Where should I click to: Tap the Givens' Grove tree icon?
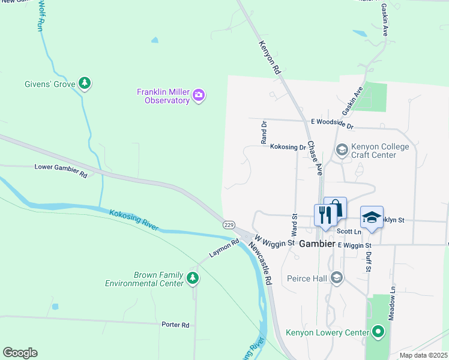tap(85, 83)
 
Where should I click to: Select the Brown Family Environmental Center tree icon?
tap(192, 278)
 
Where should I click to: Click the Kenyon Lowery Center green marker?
tap(378, 331)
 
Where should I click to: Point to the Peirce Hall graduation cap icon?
tap(337, 278)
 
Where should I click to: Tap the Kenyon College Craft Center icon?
tap(342, 149)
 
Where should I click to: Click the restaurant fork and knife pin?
tap(325, 215)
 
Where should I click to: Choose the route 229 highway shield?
tap(228, 224)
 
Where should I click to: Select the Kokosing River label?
tap(133, 220)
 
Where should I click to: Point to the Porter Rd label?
tap(175, 325)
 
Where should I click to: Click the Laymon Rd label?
tap(224, 249)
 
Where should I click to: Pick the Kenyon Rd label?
tap(270, 58)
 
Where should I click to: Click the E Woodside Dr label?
tap(332, 123)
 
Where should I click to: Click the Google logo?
tap(20, 353)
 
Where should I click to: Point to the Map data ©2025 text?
tap(423, 355)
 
